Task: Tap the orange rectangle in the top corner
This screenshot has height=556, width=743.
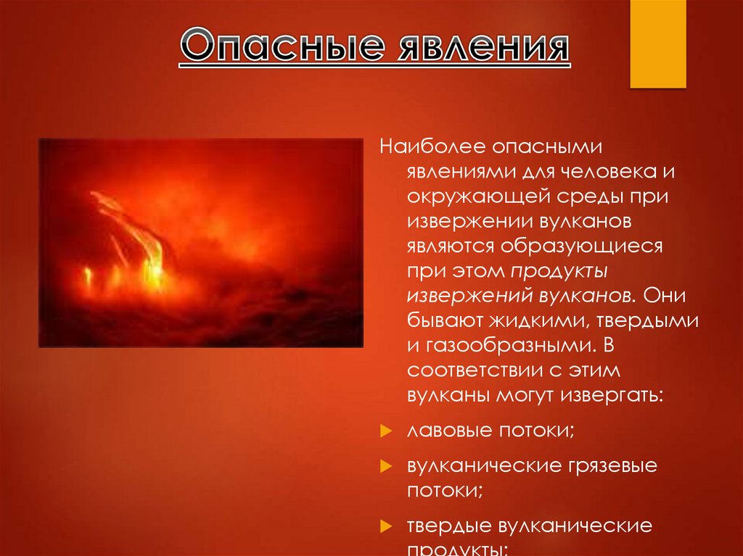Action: pos(657,43)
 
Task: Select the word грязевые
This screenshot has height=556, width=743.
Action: pos(608,465)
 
